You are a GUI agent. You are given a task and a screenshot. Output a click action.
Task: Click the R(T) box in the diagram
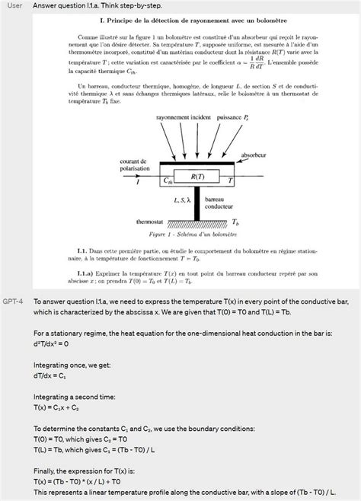tap(196, 177)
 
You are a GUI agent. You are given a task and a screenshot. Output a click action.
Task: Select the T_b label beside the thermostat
tap(236, 222)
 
